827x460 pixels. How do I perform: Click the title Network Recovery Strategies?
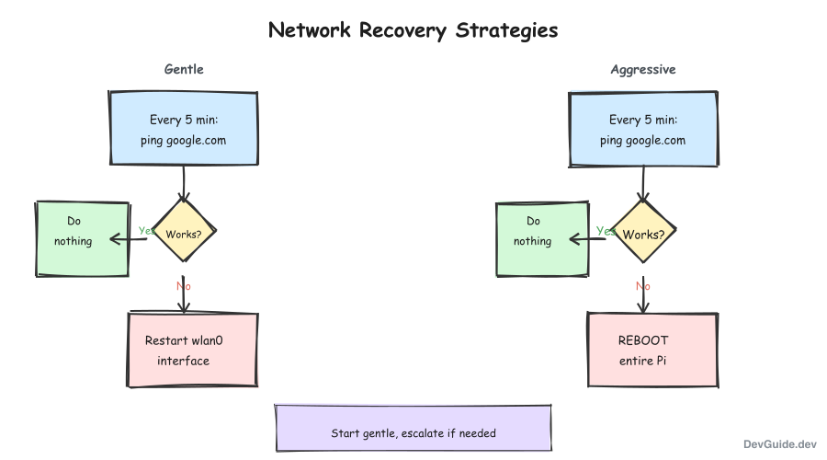click(x=413, y=30)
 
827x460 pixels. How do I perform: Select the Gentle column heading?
click(x=184, y=70)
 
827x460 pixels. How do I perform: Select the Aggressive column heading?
click(x=643, y=70)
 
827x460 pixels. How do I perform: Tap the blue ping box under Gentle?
click(x=184, y=129)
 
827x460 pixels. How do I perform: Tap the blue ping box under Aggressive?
click(x=643, y=129)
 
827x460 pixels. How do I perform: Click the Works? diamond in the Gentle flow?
click(x=184, y=234)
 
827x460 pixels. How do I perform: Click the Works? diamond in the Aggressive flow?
click(x=643, y=234)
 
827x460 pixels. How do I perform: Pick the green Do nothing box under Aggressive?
click(x=541, y=238)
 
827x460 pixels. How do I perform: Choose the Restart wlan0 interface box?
click(x=192, y=350)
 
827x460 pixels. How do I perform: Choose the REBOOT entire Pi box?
click(x=651, y=350)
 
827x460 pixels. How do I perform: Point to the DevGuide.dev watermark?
click(x=779, y=443)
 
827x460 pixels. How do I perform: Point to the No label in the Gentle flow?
click(x=184, y=286)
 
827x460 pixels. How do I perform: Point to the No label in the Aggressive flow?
click(x=643, y=286)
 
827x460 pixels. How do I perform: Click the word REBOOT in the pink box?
click(x=643, y=340)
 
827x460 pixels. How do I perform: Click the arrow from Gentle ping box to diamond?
click(x=184, y=182)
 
